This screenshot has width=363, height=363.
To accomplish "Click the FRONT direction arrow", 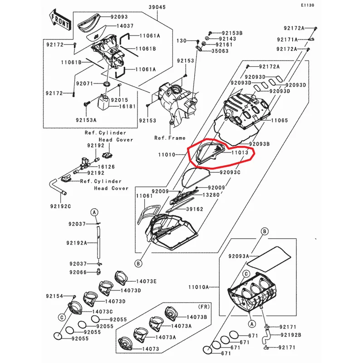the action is click(x=60, y=20).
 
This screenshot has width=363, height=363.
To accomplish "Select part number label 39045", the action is click(x=157, y=7).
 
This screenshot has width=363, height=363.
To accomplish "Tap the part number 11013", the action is click(x=240, y=152).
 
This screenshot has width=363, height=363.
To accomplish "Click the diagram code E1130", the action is click(x=308, y=5).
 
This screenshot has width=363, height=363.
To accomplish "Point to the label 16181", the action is click(x=128, y=107).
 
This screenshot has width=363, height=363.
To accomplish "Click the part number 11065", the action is click(x=280, y=120).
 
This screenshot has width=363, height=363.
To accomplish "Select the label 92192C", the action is click(x=60, y=206).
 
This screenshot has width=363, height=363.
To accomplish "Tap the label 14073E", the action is click(x=146, y=281).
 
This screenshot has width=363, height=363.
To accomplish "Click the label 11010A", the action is click(x=198, y=287).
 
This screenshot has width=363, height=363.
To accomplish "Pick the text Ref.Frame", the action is click(x=170, y=138).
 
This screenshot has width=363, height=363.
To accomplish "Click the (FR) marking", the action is click(x=204, y=307).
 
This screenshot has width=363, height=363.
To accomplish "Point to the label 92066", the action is click(x=78, y=272).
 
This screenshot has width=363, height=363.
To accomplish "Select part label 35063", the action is click(x=220, y=51).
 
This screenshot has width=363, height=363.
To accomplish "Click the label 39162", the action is click(x=195, y=209).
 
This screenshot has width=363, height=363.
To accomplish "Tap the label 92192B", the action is click(x=291, y=335).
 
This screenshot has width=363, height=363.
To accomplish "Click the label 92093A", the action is click(x=239, y=256).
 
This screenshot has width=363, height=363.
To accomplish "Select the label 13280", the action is click(x=211, y=195).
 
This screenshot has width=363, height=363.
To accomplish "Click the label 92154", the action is click(x=54, y=296).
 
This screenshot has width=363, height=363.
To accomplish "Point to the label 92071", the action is click(x=84, y=83).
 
